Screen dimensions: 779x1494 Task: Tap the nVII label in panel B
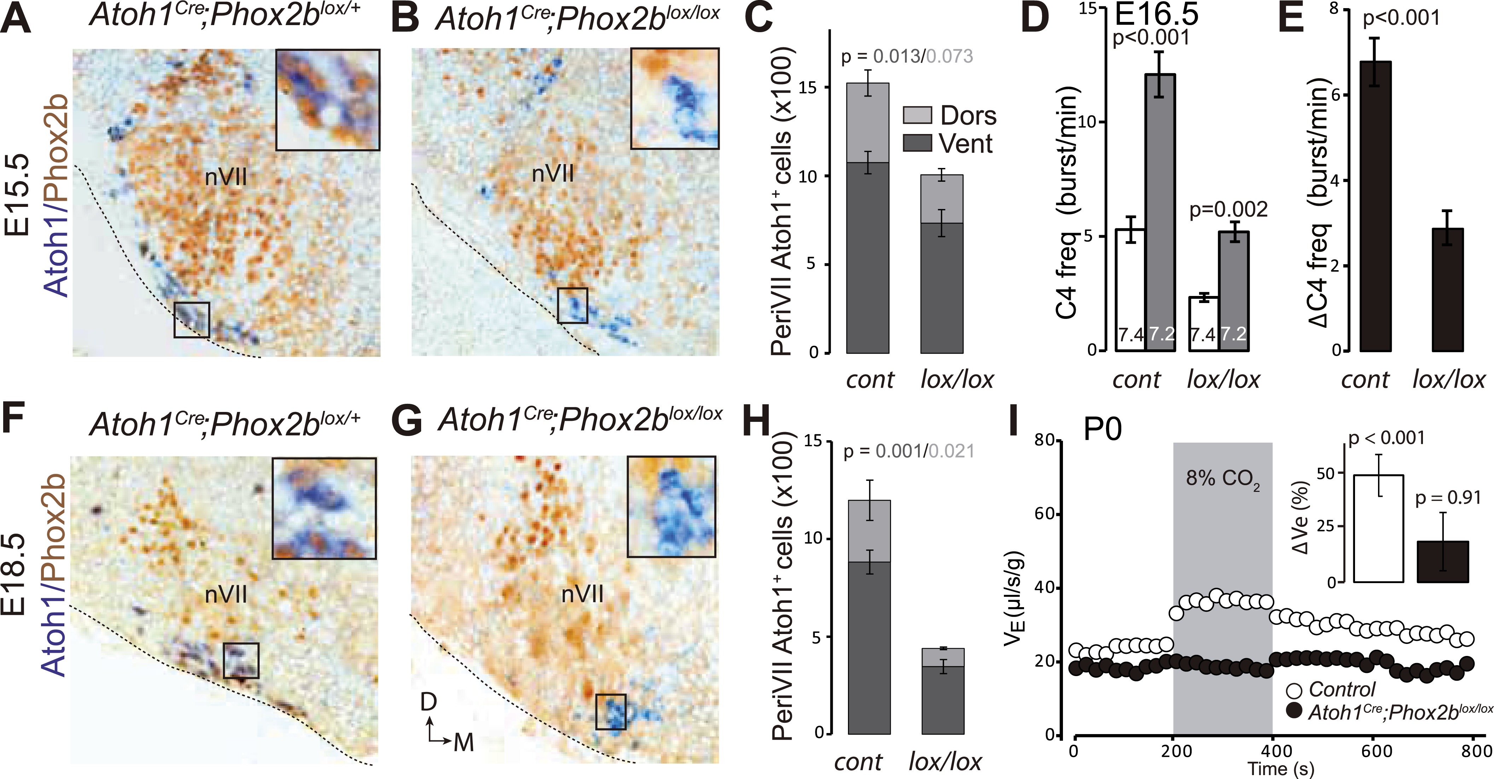click(553, 173)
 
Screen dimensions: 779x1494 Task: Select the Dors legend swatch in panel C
click(917, 115)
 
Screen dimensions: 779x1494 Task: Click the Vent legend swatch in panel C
click(917, 143)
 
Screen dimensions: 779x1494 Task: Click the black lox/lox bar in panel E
click(1448, 290)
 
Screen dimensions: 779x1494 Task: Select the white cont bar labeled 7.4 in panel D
click(1130, 290)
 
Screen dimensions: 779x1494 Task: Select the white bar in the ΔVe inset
click(1378, 528)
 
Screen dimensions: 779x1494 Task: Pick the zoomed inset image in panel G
click(671, 506)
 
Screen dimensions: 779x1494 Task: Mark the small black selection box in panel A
click(191, 319)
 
